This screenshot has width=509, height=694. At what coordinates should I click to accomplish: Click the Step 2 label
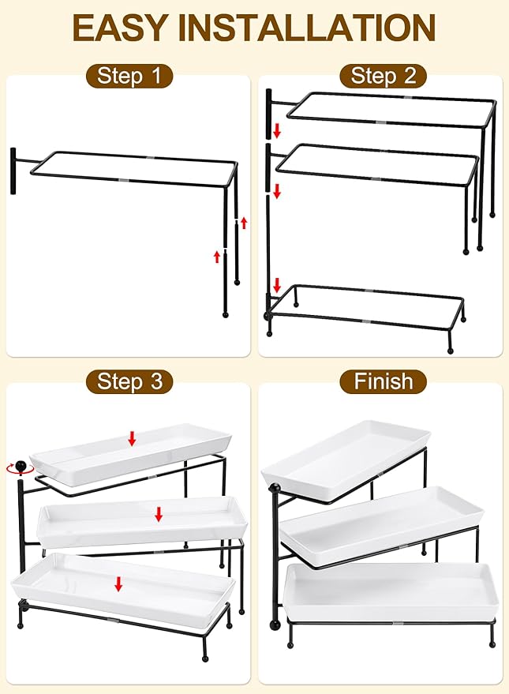coord(383,76)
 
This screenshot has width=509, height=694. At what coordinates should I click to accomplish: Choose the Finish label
coord(383,382)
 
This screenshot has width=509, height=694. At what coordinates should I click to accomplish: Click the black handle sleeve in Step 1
coord(13,170)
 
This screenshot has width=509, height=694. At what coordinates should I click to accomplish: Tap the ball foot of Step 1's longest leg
coord(226,314)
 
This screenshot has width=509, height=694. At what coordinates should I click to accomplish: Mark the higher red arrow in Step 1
coord(244,223)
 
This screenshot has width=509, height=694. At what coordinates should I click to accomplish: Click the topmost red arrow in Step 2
coord(277,129)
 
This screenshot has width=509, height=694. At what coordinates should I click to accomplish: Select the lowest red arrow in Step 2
coord(277,285)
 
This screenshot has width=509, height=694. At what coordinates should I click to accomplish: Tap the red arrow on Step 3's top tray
coord(133,437)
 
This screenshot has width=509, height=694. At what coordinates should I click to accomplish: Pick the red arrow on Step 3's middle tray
coord(159,515)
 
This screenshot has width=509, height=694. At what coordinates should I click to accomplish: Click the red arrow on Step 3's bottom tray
coord(118,583)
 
